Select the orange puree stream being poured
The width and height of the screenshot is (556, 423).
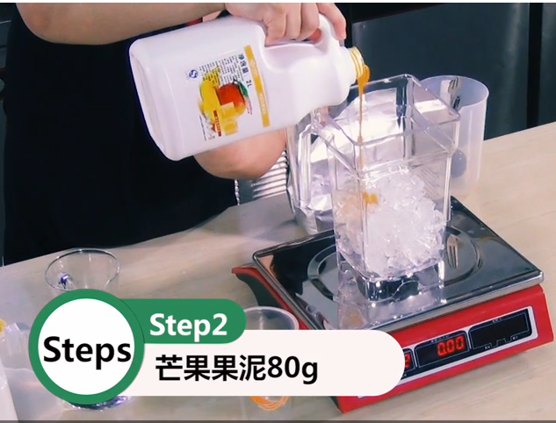click(363, 132)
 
